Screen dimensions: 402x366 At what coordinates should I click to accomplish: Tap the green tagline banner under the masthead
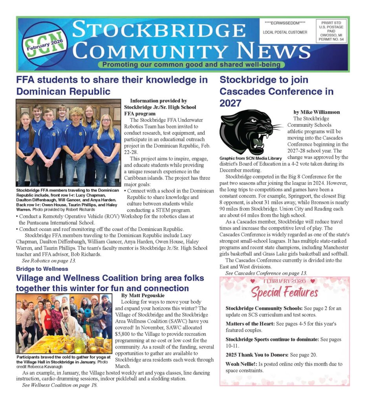coord(192,65)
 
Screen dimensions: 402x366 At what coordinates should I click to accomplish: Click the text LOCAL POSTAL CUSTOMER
coord(285,32)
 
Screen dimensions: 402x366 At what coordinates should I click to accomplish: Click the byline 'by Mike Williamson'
coord(317,112)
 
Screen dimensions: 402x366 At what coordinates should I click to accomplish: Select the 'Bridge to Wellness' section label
coord(42,269)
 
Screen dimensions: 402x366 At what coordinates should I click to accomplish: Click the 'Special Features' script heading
coord(284,292)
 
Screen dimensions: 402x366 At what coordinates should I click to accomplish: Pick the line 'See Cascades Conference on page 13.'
coord(266,273)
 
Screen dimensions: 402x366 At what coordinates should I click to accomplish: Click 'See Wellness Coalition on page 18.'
coord(60,385)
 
